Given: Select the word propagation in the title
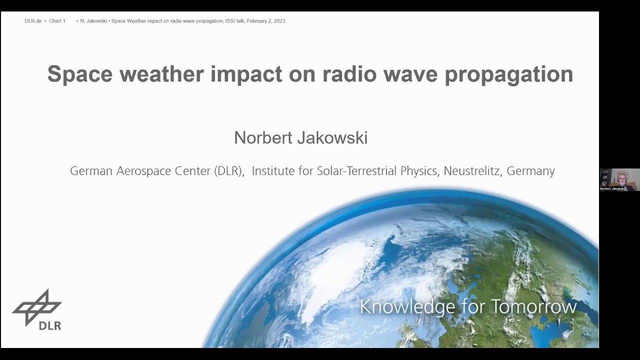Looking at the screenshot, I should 508,74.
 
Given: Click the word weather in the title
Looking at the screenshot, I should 161,74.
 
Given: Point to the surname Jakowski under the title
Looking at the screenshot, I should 335,137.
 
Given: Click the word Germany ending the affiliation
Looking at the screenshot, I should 530,171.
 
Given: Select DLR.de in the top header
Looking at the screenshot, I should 33,21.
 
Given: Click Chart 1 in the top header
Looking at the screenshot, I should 57,21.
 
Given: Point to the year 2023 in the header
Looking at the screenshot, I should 279,21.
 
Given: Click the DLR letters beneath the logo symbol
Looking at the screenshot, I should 49,325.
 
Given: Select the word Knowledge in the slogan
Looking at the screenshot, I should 407,306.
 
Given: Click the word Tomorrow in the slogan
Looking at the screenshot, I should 533,306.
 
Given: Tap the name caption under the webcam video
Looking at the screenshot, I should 612,188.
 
